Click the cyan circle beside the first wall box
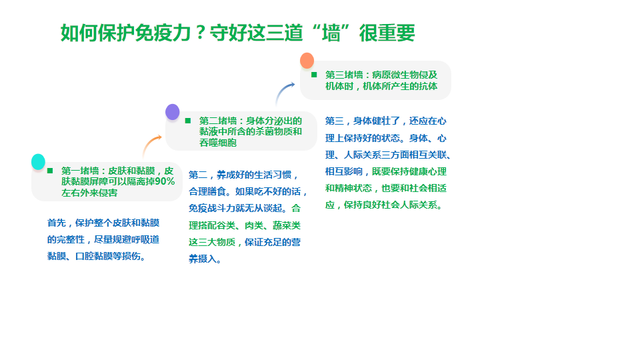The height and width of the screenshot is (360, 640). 39,161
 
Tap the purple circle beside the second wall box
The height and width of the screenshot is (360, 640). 172,112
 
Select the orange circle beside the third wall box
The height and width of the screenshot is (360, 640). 307,61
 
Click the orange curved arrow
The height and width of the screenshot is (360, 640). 151,144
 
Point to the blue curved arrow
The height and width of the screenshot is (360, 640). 283,91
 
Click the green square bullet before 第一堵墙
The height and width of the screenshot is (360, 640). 50,171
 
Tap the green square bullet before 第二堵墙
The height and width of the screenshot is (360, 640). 188,121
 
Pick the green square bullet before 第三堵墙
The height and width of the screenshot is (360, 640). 314,75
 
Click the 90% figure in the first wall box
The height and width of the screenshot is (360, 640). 165,181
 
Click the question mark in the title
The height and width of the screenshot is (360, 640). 200,33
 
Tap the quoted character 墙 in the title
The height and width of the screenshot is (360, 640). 331,33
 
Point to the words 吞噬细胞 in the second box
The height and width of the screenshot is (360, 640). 218,143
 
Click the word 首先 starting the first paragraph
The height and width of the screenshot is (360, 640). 56,223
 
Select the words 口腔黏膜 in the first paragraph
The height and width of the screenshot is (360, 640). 94,256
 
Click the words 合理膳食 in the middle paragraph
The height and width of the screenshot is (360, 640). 207,192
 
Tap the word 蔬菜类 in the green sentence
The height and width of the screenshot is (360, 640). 287,225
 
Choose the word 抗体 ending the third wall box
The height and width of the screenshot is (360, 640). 428,86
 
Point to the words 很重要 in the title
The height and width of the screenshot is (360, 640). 387,33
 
